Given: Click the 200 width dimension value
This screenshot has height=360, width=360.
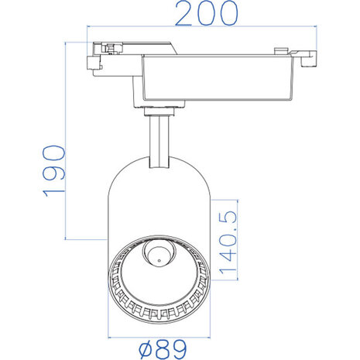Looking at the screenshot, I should click(x=204, y=14).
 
